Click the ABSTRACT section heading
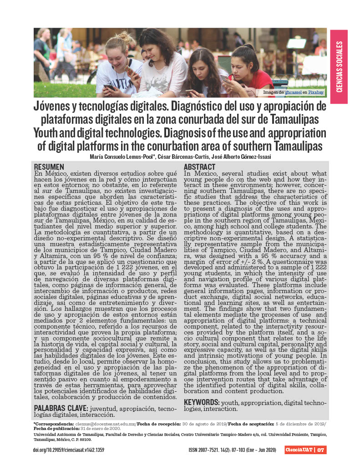pos(200,167)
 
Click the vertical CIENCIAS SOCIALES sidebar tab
pos(339,66)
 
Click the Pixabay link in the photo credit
pos(316,92)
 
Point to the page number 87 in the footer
pos(320,450)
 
